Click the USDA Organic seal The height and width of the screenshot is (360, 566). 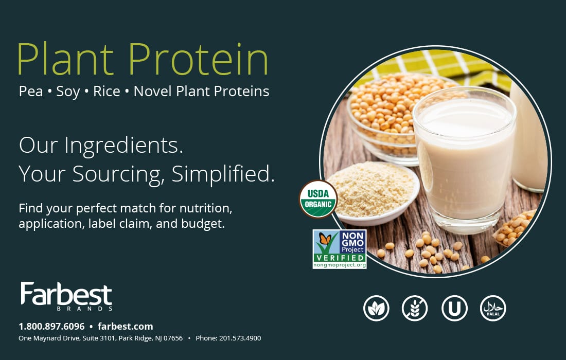point(318,199)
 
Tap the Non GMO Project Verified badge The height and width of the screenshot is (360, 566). point(340,249)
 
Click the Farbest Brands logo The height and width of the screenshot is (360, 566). point(66,296)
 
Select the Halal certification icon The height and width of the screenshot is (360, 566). point(493,308)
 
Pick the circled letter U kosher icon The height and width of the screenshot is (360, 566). point(454,308)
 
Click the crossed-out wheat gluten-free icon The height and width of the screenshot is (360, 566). point(415,308)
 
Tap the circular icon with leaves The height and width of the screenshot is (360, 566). point(376,308)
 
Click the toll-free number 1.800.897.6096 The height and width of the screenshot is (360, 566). point(51,327)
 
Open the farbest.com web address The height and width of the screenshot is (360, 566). point(125,327)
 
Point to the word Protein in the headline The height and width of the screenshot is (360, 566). point(199,59)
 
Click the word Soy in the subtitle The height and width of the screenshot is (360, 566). point(68,92)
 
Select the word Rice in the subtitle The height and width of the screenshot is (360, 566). point(107,91)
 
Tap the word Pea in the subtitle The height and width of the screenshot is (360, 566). point(31,91)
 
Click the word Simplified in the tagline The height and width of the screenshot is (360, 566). point(223,174)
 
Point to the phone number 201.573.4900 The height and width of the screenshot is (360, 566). point(240,338)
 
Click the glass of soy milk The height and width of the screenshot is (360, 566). point(464,159)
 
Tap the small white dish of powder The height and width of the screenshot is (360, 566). point(374,193)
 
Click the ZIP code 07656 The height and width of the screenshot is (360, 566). point(173,338)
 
